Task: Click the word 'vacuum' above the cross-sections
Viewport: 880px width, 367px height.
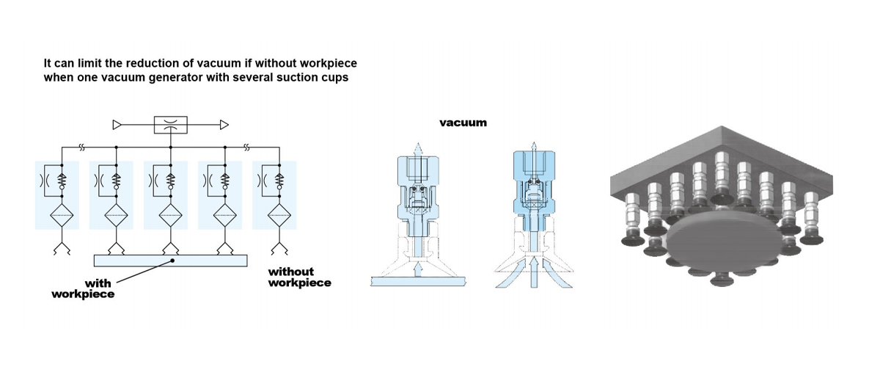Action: [x=463, y=123]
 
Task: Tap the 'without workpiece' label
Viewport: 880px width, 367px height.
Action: [x=300, y=277]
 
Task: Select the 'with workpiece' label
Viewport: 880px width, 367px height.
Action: [x=83, y=288]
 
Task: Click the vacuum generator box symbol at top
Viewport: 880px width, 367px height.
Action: [x=170, y=125]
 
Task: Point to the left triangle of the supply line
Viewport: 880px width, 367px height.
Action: [x=117, y=125]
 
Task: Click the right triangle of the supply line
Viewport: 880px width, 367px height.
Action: [x=224, y=125]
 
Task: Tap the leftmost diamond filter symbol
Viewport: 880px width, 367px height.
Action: [x=62, y=216]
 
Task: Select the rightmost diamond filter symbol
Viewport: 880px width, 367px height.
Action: [x=279, y=216]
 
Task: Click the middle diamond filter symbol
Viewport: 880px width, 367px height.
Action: [x=170, y=216]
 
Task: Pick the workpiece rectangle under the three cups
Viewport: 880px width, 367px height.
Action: [x=170, y=261]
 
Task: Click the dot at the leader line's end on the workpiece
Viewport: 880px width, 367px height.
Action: [x=172, y=261]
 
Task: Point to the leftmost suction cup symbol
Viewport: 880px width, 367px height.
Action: [x=62, y=249]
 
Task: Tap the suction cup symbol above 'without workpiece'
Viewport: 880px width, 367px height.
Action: [x=279, y=249]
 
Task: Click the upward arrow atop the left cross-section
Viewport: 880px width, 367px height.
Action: [x=419, y=149]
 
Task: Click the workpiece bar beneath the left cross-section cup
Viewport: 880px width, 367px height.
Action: [x=418, y=281]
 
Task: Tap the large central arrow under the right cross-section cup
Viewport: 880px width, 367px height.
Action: [x=534, y=272]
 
